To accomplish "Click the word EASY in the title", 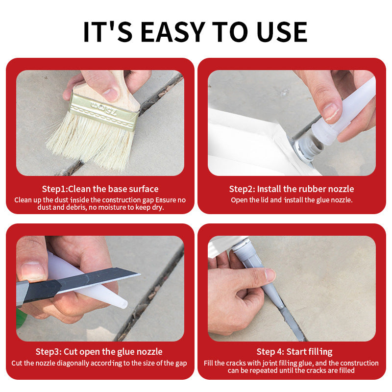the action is [173, 32].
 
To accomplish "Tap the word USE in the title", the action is [282, 32].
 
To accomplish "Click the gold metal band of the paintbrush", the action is [104, 112].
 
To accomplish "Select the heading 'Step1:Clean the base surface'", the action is [100, 189].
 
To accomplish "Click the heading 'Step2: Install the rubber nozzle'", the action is [292, 189].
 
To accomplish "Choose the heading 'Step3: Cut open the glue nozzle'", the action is [99, 352].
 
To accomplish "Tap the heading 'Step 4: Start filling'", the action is [294, 352].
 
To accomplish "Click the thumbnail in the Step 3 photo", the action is [32, 271].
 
